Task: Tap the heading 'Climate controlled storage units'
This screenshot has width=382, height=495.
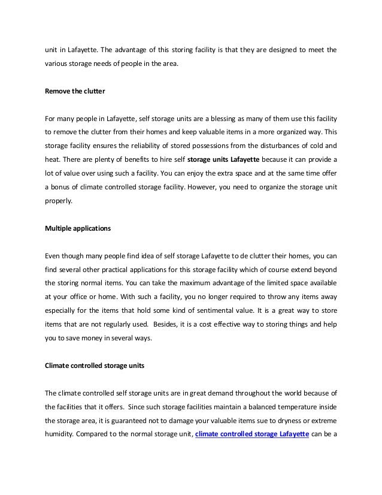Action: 95,365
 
